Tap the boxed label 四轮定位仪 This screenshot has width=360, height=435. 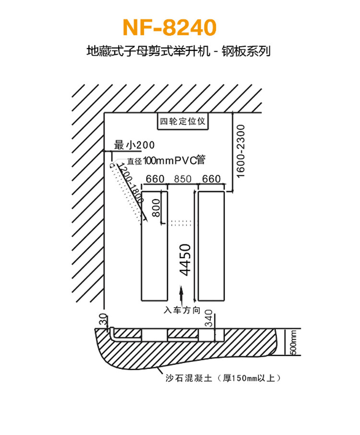pos(182,121)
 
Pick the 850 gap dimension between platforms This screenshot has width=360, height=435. pos(182,179)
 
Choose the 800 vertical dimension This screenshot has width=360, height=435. pos(156,208)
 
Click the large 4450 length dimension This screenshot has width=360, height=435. pos(185,259)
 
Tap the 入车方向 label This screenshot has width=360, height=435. pos(182,311)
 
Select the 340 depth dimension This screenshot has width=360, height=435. pos(209,318)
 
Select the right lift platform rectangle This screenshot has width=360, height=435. pos(211,246)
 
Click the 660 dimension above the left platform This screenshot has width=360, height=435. pos(155,179)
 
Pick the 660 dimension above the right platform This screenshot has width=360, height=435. pos(211,179)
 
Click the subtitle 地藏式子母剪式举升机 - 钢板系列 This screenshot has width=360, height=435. pos(178,51)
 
